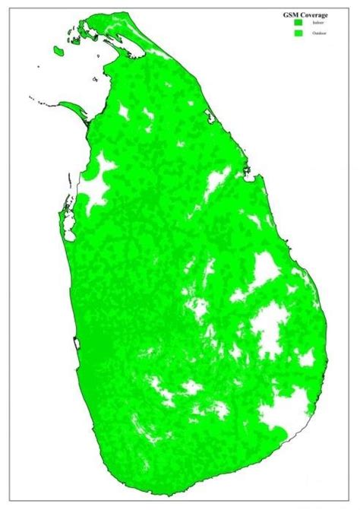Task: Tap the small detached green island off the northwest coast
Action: click(x=58, y=51)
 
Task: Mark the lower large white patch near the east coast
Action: click(x=266, y=327)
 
